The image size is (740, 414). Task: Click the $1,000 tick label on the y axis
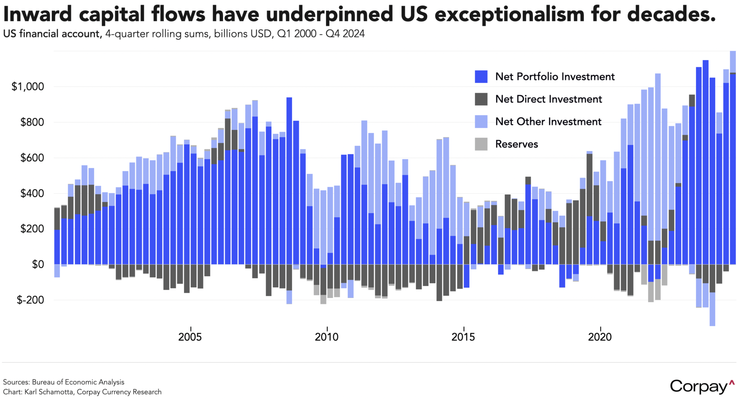28,87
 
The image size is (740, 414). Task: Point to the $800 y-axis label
32,122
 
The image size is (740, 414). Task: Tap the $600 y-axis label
32,158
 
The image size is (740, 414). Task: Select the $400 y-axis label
32,193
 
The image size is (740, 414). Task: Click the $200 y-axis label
32,229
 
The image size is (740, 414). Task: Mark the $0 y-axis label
38,265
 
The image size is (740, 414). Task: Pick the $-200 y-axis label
30,300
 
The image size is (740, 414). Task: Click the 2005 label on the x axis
190,337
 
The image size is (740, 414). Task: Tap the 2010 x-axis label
326,337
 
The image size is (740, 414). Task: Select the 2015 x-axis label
463,337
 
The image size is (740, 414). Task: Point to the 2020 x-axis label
600,337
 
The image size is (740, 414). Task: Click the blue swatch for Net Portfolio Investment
481,77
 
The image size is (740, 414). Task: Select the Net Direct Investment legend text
549,99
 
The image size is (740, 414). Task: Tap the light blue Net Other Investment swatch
481,122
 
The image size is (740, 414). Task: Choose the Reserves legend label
517,144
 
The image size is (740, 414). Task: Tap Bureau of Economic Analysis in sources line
78,382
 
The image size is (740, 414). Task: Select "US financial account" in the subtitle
52,34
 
